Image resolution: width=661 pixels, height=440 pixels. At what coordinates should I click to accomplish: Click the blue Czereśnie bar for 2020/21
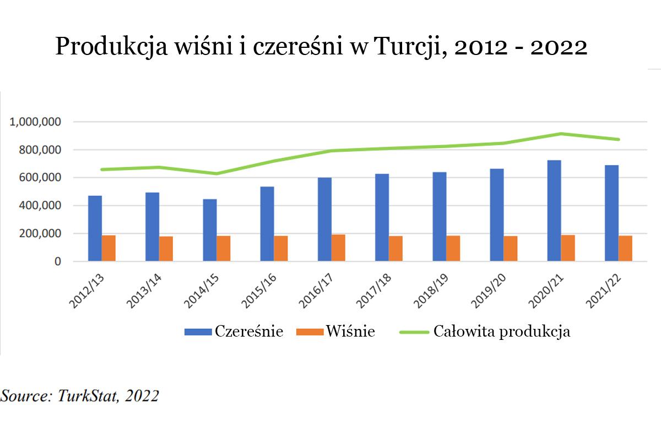pos(554,211)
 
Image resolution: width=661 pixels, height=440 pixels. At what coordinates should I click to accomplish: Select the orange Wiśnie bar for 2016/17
pos(338,248)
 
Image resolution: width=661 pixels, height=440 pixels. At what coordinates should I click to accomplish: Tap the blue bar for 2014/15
pos(210,230)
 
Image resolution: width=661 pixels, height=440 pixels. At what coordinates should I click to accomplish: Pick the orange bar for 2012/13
pos(109,248)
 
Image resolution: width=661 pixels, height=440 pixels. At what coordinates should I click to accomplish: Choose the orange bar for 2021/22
pos(625,248)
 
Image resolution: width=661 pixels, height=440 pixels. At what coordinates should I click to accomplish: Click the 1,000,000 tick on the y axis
pos(35,122)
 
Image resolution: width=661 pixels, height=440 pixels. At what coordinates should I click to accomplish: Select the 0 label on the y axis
pos(57,262)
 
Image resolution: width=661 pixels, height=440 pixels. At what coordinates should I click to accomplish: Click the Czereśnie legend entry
pos(234,332)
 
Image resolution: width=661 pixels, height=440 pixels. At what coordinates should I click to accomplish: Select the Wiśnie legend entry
pos(336,332)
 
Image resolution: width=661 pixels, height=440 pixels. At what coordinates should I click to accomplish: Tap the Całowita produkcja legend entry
pos(485,332)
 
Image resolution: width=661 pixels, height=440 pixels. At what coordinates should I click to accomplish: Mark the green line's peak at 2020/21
pos(561,134)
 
